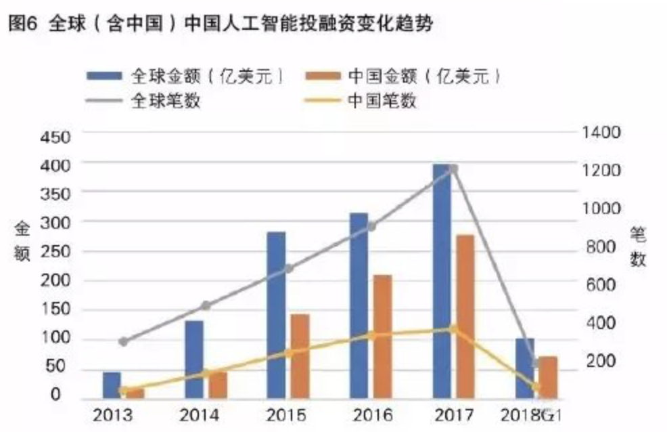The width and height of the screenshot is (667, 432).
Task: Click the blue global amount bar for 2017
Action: coord(441,281)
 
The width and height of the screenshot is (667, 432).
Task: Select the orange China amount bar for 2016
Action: coord(383,337)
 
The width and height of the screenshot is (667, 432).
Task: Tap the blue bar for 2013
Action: coord(112,385)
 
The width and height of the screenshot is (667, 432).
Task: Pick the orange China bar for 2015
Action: coord(300,356)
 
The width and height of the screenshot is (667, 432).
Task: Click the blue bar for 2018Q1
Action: coord(524,368)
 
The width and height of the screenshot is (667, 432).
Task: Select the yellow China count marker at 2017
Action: coord(453,329)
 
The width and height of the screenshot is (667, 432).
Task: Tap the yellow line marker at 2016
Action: coord(371,334)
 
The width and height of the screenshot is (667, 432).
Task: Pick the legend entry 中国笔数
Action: coord(386,101)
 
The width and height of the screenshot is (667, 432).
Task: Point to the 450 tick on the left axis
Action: coord(56,137)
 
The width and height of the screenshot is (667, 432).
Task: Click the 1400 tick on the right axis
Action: coord(600,132)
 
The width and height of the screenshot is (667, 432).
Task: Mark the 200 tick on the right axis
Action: coord(596,361)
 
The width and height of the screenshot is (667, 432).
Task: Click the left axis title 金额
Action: coord(22,242)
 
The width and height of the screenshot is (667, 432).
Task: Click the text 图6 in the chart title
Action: coord(24,26)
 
